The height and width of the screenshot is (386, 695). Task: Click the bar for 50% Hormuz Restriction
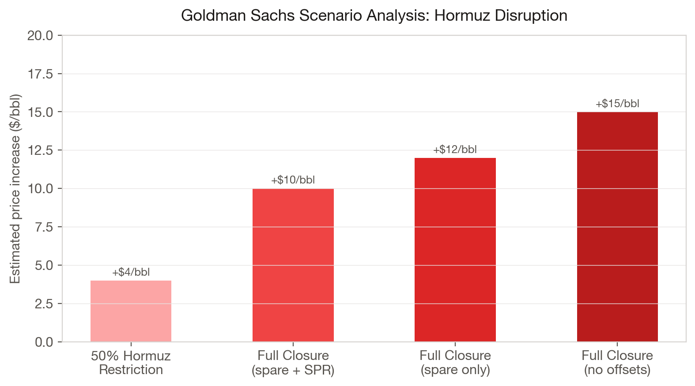point(131,311)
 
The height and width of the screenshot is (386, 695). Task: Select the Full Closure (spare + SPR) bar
point(293,265)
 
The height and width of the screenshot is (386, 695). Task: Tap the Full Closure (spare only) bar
point(455,250)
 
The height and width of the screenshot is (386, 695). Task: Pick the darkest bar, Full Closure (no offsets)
point(617,227)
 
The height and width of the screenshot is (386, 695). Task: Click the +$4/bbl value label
point(131,272)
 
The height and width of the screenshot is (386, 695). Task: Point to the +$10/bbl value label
point(293,180)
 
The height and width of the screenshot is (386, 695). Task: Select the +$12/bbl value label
point(455,150)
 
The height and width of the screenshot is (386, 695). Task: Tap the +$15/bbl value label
point(617,104)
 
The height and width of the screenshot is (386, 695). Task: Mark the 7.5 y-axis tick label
point(43,227)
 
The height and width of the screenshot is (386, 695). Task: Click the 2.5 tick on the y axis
point(43,304)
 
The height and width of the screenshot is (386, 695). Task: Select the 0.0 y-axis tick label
point(43,342)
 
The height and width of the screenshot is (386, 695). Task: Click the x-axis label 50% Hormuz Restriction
point(131,363)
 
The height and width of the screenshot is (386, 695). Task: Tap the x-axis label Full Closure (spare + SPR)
point(293,363)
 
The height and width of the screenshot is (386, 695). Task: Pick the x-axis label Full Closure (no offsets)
point(617,363)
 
